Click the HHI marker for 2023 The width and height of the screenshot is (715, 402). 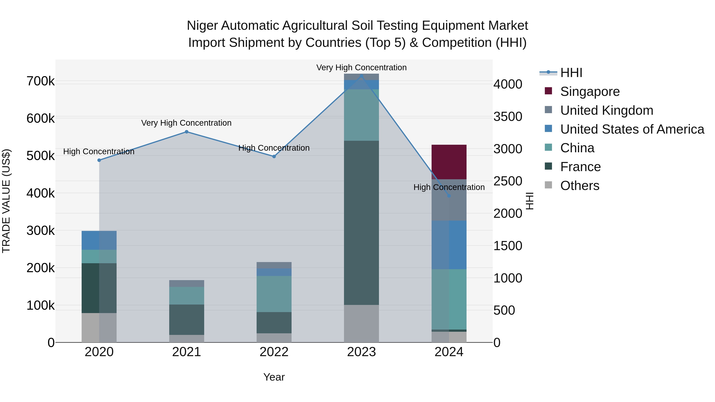pyautogui.click(x=361, y=76)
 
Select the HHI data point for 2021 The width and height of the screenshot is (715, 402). pyautogui.click(x=186, y=132)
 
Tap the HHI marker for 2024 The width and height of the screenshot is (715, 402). pyautogui.click(x=449, y=196)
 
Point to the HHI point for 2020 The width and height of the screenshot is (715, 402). pyautogui.click(x=99, y=160)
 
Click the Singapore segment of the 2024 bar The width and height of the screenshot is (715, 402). pyautogui.click(x=449, y=162)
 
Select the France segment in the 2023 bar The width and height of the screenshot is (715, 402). pyautogui.click(x=361, y=223)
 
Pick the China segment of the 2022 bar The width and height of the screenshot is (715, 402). pyautogui.click(x=274, y=294)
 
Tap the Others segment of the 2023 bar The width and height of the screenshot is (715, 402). pyautogui.click(x=361, y=324)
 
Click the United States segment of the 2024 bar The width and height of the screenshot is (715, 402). pyautogui.click(x=449, y=245)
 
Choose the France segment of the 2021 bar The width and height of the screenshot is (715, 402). pyautogui.click(x=186, y=320)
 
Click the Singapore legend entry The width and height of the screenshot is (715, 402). pyautogui.click(x=590, y=92)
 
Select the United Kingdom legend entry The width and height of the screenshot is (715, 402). pyautogui.click(x=607, y=110)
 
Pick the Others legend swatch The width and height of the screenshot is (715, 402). pyautogui.click(x=548, y=185)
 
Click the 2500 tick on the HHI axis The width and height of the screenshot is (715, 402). pyautogui.click(x=508, y=181)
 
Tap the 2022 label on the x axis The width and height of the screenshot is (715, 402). pyautogui.click(x=274, y=352)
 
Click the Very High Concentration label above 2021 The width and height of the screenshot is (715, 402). pyautogui.click(x=186, y=123)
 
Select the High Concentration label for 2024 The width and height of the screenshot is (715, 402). pyautogui.click(x=449, y=187)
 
